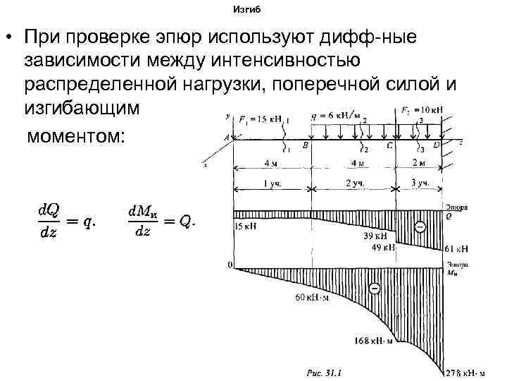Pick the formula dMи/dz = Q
161,222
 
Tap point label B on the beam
305,145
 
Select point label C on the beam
389,145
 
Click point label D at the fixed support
436,145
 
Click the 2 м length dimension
420,164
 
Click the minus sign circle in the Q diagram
420,227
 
